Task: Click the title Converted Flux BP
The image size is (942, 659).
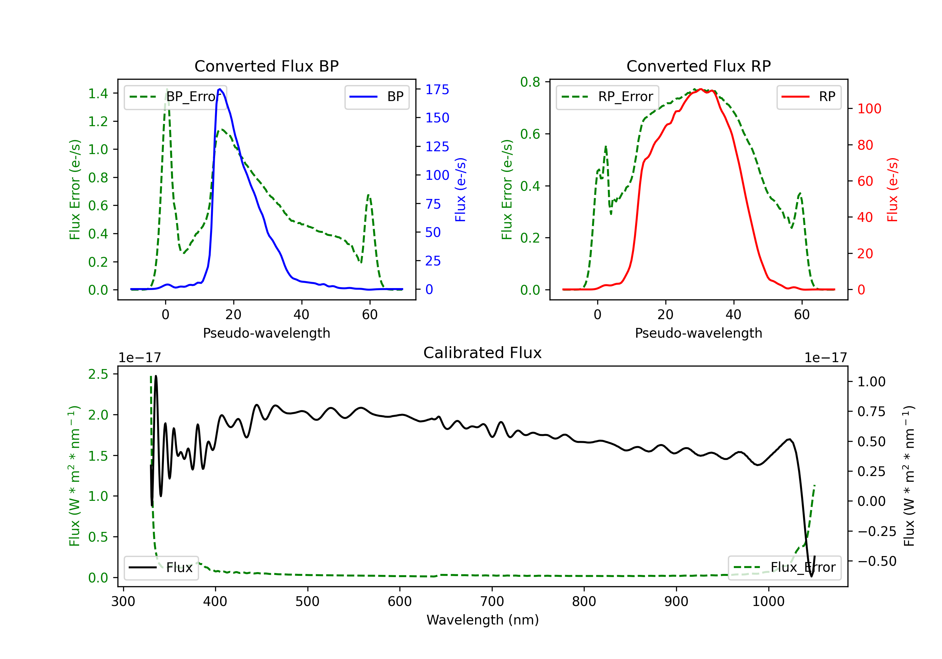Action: (x=266, y=66)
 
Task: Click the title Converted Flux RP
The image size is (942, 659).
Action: (x=698, y=66)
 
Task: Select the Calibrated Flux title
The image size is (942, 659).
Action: (x=483, y=353)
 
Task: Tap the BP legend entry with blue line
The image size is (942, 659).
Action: (x=376, y=97)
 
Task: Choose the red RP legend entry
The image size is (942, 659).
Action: (x=809, y=97)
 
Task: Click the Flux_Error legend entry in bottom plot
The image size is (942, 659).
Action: (x=784, y=568)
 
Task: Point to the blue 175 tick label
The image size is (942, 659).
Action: (x=437, y=89)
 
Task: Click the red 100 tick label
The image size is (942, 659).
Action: (x=869, y=109)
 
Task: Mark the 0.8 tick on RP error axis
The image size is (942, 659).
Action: (x=530, y=82)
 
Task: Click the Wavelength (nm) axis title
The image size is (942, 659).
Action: (x=483, y=620)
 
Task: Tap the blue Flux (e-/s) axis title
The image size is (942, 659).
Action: (x=460, y=190)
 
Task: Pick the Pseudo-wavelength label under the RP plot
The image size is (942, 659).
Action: (x=698, y=333)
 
